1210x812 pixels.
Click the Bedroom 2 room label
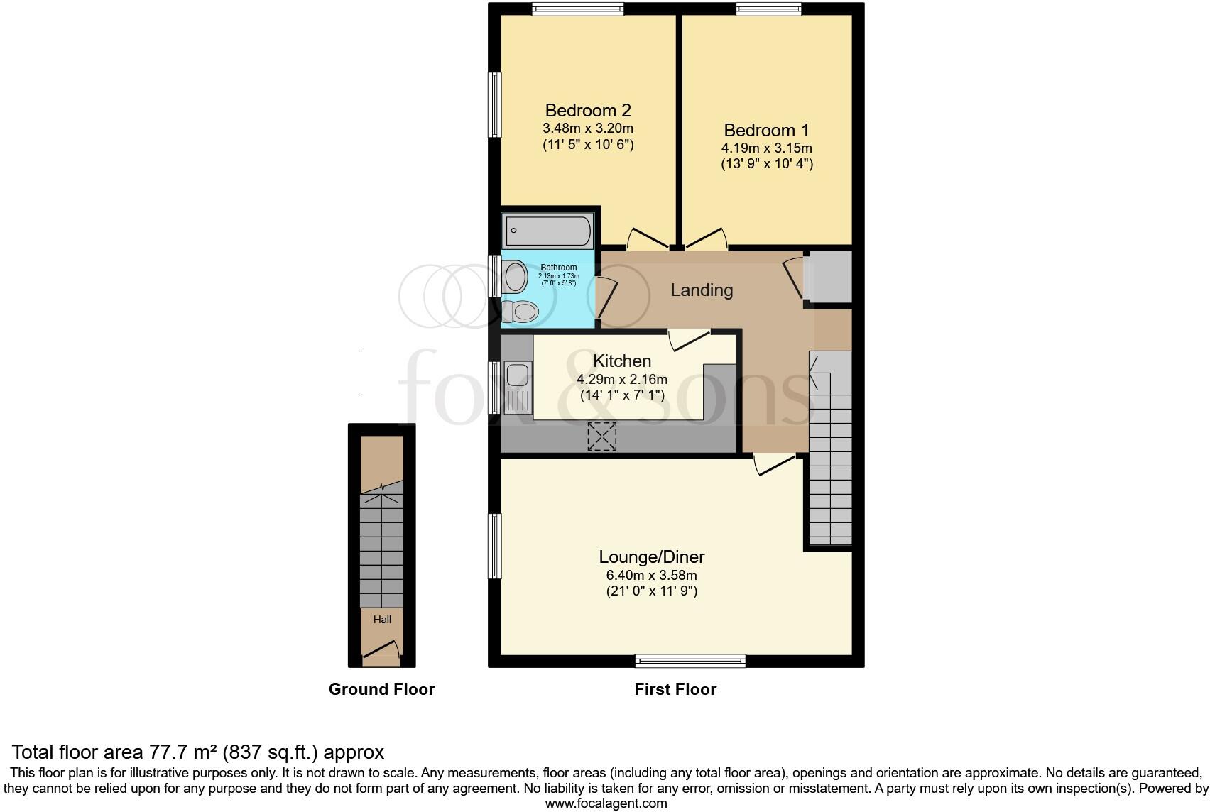pos(587,110)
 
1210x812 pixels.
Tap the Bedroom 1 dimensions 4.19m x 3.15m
pos(766,148)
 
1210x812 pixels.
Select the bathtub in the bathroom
pos(547,231)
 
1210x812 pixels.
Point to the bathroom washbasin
pos(514,276)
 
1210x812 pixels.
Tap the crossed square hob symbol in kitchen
pos(601,436)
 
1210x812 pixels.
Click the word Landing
pos(702,290)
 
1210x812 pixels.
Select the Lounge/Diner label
pos(651,557)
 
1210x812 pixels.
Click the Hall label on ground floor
pos(382,619)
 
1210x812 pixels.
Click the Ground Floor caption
pos(381,689)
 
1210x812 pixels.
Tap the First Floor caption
pos(675,689)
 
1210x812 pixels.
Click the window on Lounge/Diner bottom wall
pos(690,661)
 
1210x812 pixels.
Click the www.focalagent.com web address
pos(606,803)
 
